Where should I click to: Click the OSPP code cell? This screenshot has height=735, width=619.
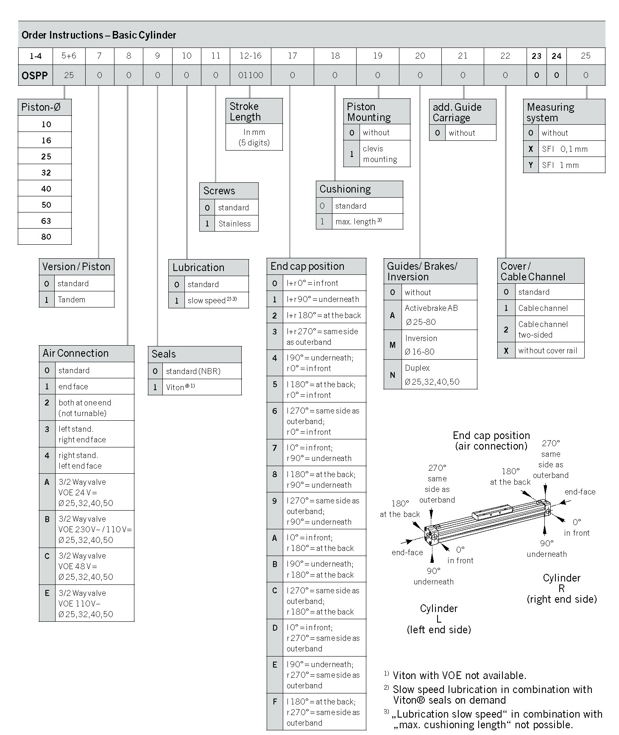point(35,75)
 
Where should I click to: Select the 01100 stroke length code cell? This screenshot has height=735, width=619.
point(251,75)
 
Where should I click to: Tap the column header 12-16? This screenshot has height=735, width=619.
point(251,56)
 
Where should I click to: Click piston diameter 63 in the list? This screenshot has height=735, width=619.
point(46,221)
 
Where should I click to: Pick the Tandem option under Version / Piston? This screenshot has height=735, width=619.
point(71,300)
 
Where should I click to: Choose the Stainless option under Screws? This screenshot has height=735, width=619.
point(234,224)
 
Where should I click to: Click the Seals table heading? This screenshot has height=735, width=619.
point(164,354)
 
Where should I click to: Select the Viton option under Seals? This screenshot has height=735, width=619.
point(175,387)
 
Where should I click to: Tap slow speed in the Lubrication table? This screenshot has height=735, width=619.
point(206,301)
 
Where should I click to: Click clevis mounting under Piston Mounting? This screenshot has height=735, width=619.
point(379,154)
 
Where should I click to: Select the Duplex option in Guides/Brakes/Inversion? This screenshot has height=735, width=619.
point(417,368)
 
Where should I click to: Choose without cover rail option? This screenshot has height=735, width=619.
point(547,351)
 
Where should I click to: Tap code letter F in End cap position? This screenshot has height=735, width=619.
point(275,702)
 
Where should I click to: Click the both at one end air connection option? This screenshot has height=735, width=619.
point(85,408)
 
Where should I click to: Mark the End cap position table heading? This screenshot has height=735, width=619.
point(307,266)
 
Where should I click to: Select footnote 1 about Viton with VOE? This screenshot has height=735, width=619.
point(459,675)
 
